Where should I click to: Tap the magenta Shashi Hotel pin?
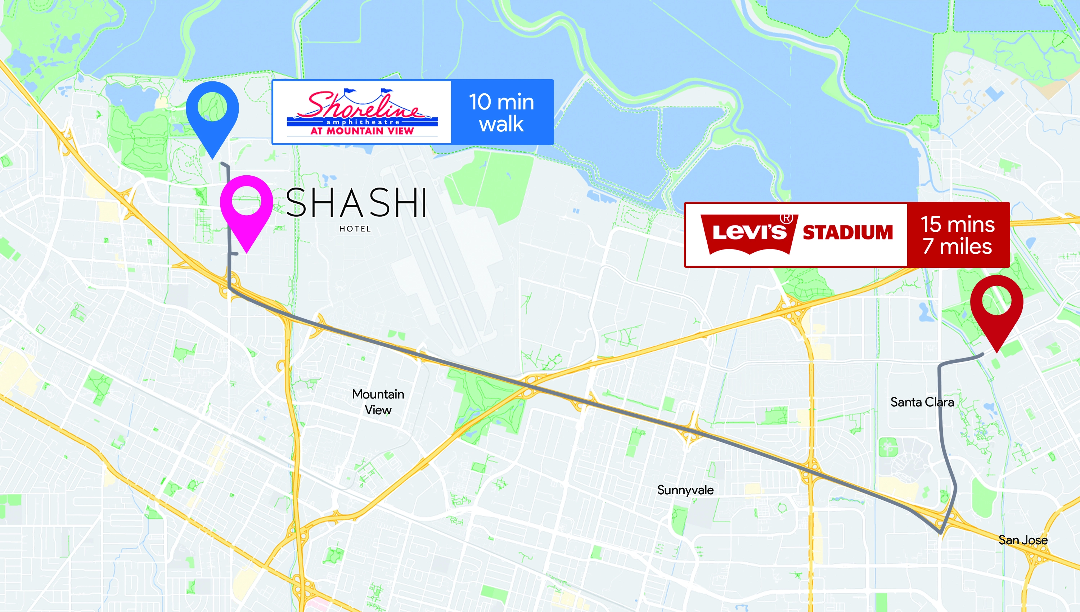coord(247,206)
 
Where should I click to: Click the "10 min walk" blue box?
coord(502,113)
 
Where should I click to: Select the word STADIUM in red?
coord(847,233)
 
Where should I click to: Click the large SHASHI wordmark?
coord(356,203)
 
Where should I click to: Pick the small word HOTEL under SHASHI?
coord(355,229)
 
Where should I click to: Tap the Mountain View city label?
coord(378,402)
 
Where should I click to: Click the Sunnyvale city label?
coord(685,490)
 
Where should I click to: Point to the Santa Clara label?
coord(922,402)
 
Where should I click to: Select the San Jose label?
coord(1023,540)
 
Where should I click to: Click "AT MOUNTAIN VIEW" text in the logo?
coord(362,131)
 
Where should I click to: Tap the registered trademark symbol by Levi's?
coord(786,218)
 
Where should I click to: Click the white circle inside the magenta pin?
coord(247,201)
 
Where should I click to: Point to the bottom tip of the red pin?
coord(997,351)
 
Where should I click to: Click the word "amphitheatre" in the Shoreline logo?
coord(363,122)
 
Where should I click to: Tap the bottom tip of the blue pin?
coord(213,158)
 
